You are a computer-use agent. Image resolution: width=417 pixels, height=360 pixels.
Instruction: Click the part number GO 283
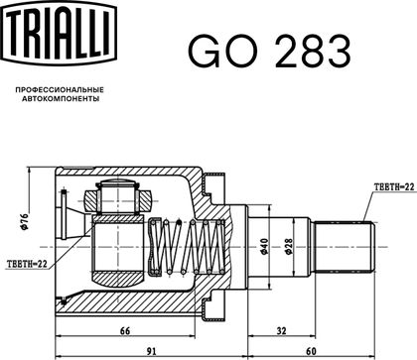[x=269, y=52]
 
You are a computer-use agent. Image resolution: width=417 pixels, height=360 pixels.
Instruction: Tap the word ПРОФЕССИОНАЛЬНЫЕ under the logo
[x=60, y=89]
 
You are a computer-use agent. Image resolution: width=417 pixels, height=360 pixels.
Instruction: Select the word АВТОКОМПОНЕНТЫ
[x=61, y=98]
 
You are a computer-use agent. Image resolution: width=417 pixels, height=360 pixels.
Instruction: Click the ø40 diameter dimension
[x=264, y=247]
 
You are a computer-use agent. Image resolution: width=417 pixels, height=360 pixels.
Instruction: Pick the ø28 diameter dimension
[x=288, y=247]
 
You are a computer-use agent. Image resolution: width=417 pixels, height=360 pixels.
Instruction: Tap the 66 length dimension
[x=125, y=330]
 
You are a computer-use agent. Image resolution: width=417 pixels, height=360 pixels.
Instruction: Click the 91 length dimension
[x=151, y=351]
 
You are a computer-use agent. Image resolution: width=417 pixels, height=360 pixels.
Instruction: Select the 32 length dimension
[x=281, y=330]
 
